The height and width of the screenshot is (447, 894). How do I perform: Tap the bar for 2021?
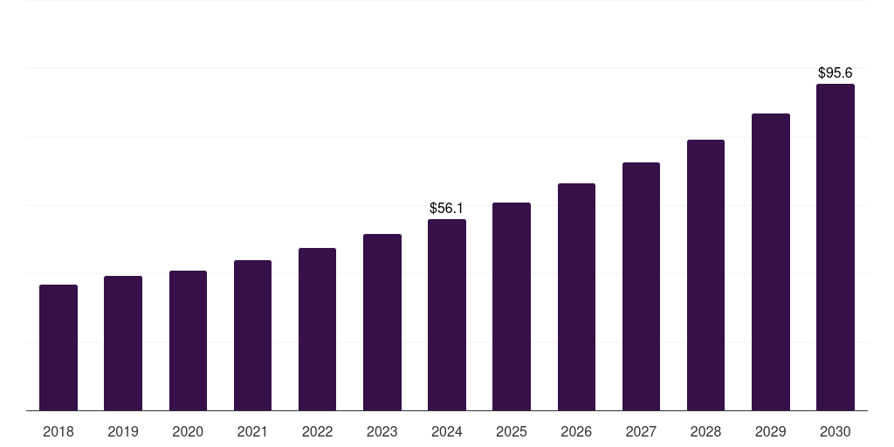point(252,335)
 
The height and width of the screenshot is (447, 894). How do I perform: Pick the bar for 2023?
point(382,322)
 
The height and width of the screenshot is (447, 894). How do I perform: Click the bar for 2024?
point(447,314)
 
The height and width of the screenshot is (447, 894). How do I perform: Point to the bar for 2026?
point(576,297)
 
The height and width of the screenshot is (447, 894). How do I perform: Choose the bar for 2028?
point(705,275)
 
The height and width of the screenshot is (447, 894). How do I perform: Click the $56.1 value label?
point(447,208)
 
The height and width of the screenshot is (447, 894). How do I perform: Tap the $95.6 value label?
point(836,73)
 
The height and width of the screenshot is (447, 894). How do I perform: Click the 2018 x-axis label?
point(58,431)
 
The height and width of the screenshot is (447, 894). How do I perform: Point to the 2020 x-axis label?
point(188,431)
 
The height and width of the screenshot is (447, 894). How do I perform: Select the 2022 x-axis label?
point(318,431)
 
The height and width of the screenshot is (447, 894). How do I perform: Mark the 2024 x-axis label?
point(447,431)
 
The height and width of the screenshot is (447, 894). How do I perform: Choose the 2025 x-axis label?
point(512,431)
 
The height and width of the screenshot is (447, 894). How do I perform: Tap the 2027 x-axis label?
point(641,431)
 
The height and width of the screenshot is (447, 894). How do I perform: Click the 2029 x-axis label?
point(771,431)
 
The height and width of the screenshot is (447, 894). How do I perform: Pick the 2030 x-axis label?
point(836,431)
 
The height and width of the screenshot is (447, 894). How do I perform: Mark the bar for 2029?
point(771,262)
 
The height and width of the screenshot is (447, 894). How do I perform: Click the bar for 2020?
point(188,340)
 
